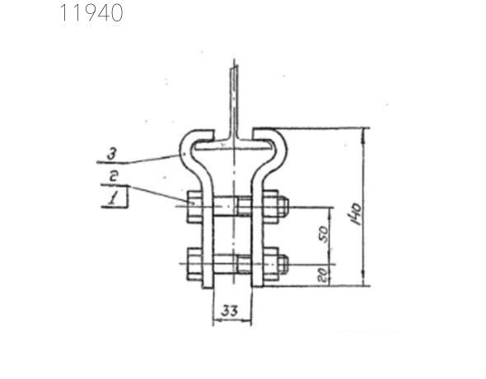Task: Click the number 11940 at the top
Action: point(91,13)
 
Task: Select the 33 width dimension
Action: point(231,311)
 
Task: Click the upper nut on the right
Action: point(279,207)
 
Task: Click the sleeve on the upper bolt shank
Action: point(243,207)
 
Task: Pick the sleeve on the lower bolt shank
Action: point(243,264)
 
